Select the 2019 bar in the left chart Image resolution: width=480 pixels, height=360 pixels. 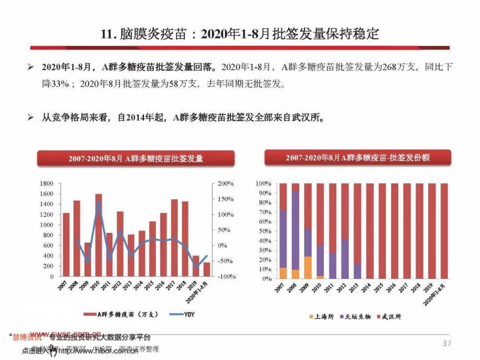[x=196, y=266]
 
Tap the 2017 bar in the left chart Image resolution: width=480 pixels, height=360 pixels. [x=174, y=237]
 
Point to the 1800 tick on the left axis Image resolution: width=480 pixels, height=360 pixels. [x=46, y=184]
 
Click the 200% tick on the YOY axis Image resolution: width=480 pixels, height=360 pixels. [x=226, y=184]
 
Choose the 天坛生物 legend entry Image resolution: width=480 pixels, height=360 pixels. [x=354, y=316]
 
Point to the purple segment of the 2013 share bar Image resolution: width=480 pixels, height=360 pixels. [x=357, y=271]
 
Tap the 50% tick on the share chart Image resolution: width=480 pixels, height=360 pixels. [x=264, y=231]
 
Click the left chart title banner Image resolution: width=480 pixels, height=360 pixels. [x=136, y=158]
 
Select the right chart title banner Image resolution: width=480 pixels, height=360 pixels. [x=357, y=158]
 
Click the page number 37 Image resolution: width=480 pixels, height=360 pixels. [x=447, y=343]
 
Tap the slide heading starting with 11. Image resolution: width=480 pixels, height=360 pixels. [x=240, y=34]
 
